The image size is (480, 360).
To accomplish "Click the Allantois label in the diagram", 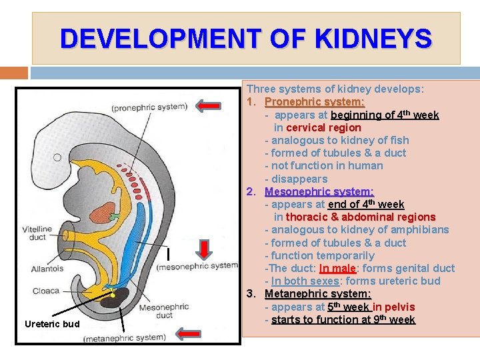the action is (x=47, y=269).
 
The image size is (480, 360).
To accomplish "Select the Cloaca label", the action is (x=45, y=291).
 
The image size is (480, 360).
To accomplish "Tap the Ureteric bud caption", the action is (x=51, y=324).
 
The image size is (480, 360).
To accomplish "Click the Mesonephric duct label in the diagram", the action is (x=163, y=312).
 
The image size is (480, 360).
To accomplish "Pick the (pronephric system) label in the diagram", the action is (x=149, y=107).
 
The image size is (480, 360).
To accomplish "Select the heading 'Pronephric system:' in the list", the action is (x=315, y=102).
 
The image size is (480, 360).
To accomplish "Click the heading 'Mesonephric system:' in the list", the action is (x=319, y=191).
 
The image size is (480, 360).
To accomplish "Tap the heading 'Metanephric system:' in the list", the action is (x=318, y=294).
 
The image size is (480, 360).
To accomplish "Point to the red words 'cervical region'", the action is (x=323, y=127).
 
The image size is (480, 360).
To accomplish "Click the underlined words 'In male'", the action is (x=337, y=269).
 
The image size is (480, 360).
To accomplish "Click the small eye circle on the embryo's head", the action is (x=57, y=158).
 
